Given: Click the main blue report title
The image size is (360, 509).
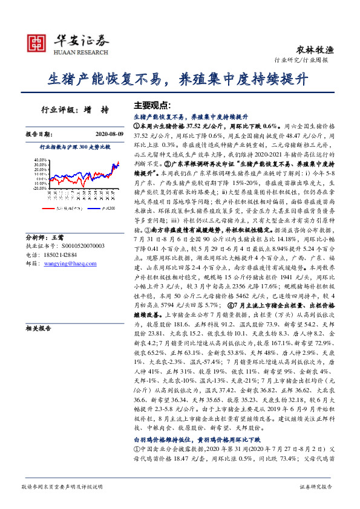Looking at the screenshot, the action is [179, 79].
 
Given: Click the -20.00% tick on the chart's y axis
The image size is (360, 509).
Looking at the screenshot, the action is [37, 187].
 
